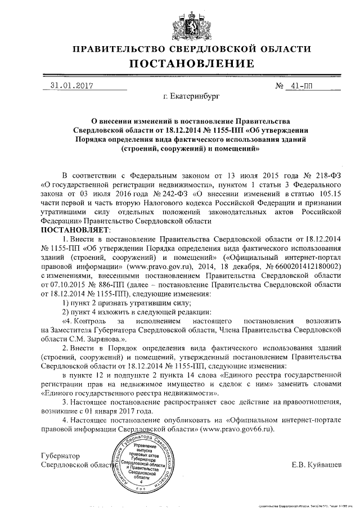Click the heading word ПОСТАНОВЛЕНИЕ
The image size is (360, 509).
tap(191, 64)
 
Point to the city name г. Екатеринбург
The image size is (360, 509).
tap(190, 97)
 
